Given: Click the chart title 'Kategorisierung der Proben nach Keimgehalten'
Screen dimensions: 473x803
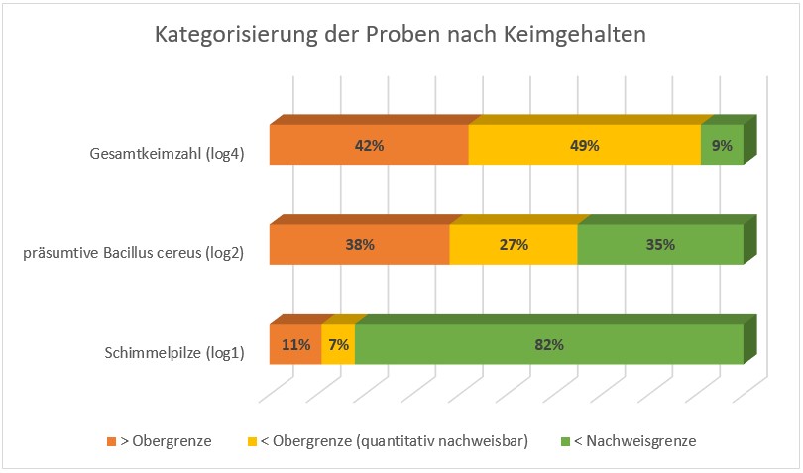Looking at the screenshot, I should pos(401,35).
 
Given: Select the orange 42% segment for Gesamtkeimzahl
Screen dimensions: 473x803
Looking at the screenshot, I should pos(369,145).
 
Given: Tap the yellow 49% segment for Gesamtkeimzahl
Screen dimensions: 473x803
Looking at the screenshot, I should pos(584,145).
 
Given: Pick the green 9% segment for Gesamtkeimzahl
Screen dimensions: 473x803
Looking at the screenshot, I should pos(722,145).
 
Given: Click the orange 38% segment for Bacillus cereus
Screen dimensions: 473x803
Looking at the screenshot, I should pos(359,244).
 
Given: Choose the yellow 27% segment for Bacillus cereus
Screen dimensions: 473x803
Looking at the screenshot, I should pos(513,244).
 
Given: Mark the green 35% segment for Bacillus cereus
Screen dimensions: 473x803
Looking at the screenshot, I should pos(660,244).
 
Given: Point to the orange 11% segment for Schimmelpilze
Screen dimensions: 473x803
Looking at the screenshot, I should pos(295,345).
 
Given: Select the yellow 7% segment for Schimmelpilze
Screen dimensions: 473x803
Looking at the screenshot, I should pos(338,345).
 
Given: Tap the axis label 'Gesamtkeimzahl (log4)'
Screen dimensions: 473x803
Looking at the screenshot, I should pos(166,153).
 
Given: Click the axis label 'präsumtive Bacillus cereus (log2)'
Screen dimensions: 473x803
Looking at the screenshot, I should pos(134,253).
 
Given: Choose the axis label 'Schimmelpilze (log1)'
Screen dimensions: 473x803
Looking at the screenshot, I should pos(173,352).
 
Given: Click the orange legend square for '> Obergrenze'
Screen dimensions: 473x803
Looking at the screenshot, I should pos(111,441).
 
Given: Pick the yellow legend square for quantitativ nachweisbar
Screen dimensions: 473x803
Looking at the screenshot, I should pos(252,441).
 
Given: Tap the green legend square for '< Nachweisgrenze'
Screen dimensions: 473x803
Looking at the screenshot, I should pos(565,441).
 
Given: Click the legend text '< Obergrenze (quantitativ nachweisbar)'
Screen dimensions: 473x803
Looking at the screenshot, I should pos(396,441).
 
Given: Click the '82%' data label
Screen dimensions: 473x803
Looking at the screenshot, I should pos(549,345).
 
